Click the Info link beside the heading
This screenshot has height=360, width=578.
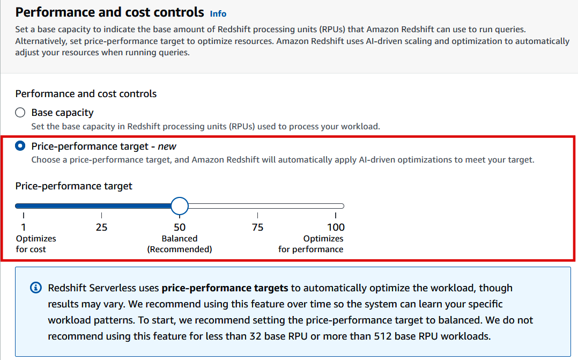click(218, 13)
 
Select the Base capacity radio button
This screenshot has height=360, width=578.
click(20, 113)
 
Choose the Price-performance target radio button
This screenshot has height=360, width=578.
click(20, 146)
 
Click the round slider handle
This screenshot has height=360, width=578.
click(180, 205)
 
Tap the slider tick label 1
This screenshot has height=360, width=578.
click(24, 227)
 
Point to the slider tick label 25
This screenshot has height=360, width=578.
click(101, 227)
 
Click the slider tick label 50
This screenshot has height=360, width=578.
click(180, 227)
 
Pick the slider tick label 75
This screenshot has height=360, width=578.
click(257, 227)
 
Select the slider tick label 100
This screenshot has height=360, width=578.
click(336, 227)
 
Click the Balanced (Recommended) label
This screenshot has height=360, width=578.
click(180, 244)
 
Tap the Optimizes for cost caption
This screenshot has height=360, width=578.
click(35, 244)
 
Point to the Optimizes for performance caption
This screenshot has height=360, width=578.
click(311, 244)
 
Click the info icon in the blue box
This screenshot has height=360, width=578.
click(35, 288)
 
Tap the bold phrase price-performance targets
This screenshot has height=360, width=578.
click(225, 288)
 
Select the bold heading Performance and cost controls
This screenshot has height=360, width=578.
click(110, 12)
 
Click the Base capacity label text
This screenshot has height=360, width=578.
click(62, 113)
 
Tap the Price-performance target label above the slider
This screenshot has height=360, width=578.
click(73, 186)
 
